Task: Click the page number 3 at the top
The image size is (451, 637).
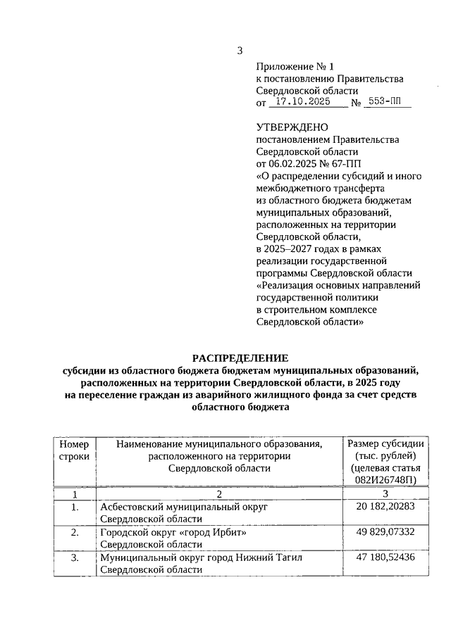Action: click(240, 51)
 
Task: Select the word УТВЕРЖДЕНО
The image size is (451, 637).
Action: click(292, 127)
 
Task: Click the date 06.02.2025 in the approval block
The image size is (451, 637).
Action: click(293, 163)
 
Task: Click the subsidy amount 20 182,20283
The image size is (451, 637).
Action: click(385, 507)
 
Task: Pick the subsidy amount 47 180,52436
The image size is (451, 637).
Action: click(385, 557)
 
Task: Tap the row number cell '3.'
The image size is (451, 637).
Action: click(75, 557)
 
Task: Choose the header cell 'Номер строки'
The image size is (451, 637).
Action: click(75, 450)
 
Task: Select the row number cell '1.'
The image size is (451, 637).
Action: click(75, 507)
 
